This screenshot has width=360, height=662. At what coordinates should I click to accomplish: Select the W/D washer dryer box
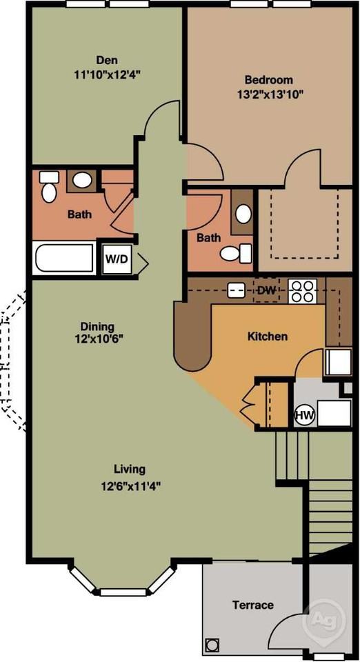(115, 260)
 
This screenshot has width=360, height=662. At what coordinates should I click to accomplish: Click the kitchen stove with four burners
(302, 291)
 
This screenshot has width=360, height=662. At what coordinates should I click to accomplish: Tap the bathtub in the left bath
(63, 259)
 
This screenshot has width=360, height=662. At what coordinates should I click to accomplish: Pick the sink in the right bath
(243, 213)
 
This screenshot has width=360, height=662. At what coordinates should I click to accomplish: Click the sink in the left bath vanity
(83, 181)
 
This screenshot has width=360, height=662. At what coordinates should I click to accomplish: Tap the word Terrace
(252, 605)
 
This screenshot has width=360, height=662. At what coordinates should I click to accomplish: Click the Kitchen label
(268, 337)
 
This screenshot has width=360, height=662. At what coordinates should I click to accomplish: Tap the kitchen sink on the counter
(237, 290)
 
